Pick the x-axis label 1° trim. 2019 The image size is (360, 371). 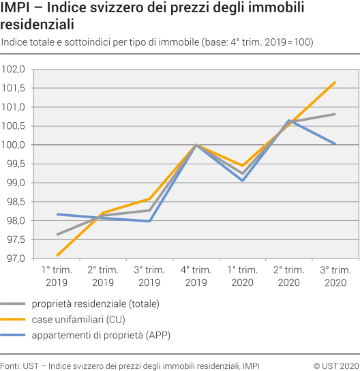click(57, 276)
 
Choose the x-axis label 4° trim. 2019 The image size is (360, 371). click(196, 276)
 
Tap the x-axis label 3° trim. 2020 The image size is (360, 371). click(335, 276)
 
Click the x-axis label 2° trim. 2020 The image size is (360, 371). click(288, 276)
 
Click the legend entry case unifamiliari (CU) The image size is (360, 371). click(75, 318)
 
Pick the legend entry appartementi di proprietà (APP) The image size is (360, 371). click(93, 333)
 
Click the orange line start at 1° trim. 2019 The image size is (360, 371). click(57, 256)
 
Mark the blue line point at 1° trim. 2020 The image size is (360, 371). click(243, 181)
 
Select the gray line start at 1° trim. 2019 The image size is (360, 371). click(57, 235)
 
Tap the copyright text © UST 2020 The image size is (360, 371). click(335, 366)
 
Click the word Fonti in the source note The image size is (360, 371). click(10, 366)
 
